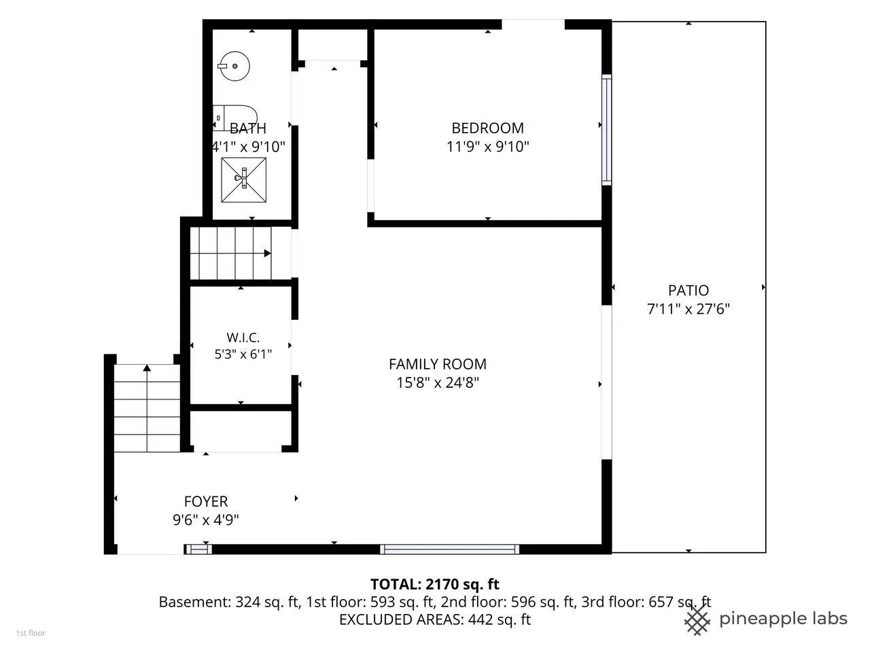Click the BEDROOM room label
click(487, 128)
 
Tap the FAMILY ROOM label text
click(438, 364)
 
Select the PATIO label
click(689, 290)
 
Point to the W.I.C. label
click(243, 338)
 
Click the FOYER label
click(206, 502)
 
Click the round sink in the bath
click(234, 66)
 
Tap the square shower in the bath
click(244, 180)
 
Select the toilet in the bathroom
click(234, 117)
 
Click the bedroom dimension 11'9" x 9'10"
click(487, 147)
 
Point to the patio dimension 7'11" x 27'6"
click(689, 309)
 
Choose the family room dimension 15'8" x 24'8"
click(438, 383)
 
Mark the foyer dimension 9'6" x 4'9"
click(206, 520)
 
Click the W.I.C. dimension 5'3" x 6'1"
click(243, 354)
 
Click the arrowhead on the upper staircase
click(268, 253)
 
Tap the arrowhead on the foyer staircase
click(147, 367)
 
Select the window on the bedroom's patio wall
click(606, 130)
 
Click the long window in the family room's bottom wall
click(449, 549)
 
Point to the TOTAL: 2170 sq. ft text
click(435, 584)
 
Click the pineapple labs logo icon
click(697, 619)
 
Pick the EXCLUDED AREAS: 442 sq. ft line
click(435, 619)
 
